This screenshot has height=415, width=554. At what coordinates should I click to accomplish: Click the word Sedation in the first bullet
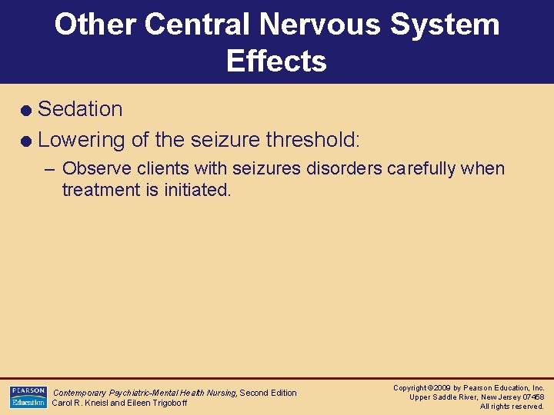click(80, 109)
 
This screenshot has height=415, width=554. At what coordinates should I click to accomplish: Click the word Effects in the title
click(276, 61)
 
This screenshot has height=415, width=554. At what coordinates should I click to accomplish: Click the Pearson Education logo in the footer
click(28, 397)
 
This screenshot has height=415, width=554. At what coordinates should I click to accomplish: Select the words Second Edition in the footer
click(268, 393)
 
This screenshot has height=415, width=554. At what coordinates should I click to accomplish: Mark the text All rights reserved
click(512, 407)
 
